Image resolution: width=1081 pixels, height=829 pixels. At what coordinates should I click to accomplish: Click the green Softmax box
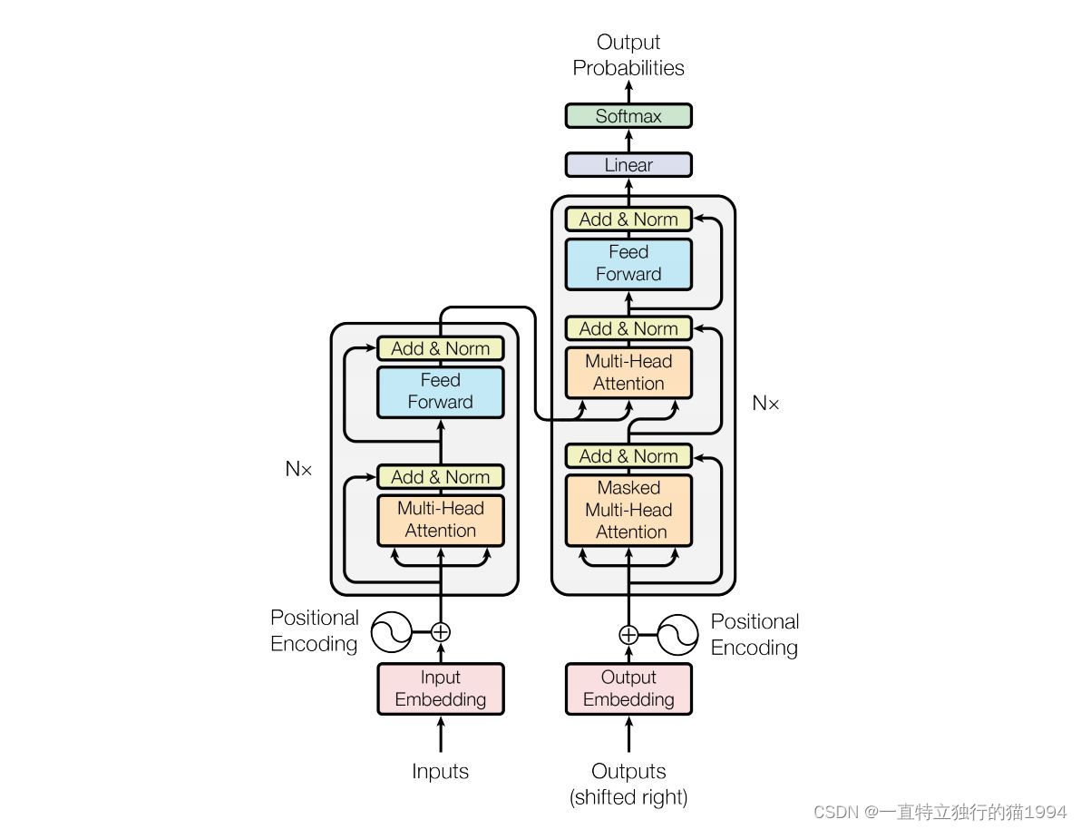pos(628,116)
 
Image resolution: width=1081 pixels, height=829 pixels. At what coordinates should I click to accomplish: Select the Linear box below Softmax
pos(628,165)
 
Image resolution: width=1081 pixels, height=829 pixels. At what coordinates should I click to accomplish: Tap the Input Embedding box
pos(441,688)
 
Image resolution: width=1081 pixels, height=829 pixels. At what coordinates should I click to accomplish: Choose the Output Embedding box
pos(628,688)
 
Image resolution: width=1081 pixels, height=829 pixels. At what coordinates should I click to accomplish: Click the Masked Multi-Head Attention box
pos(628,510)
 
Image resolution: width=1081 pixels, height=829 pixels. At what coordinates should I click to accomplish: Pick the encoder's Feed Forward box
pos(441,391)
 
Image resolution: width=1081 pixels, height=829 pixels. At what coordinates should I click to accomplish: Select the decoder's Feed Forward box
pos(628,263)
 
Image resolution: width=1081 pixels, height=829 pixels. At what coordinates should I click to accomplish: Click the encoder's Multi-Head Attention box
pos(441,520)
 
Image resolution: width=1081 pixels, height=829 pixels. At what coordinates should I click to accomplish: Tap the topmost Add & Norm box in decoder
pos(628,219)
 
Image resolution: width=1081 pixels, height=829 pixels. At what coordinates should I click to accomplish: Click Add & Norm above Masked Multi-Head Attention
pos(628,455)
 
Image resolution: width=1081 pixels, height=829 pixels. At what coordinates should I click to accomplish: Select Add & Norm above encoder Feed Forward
pos(441,348)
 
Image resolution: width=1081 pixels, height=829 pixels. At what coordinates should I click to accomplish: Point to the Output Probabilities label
pos(628,55)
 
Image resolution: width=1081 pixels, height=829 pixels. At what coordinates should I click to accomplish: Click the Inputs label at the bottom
pos(441,772)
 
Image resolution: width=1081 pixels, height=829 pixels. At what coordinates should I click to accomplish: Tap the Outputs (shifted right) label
pos(628,785)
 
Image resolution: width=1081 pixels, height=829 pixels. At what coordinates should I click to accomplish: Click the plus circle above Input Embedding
pos(441,632)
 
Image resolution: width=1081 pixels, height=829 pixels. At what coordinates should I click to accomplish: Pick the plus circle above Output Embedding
pos(628,634)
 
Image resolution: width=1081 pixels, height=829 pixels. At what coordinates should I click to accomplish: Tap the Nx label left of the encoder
pos(298,469)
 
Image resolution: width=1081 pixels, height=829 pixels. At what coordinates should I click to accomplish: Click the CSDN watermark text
pos(940,812)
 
